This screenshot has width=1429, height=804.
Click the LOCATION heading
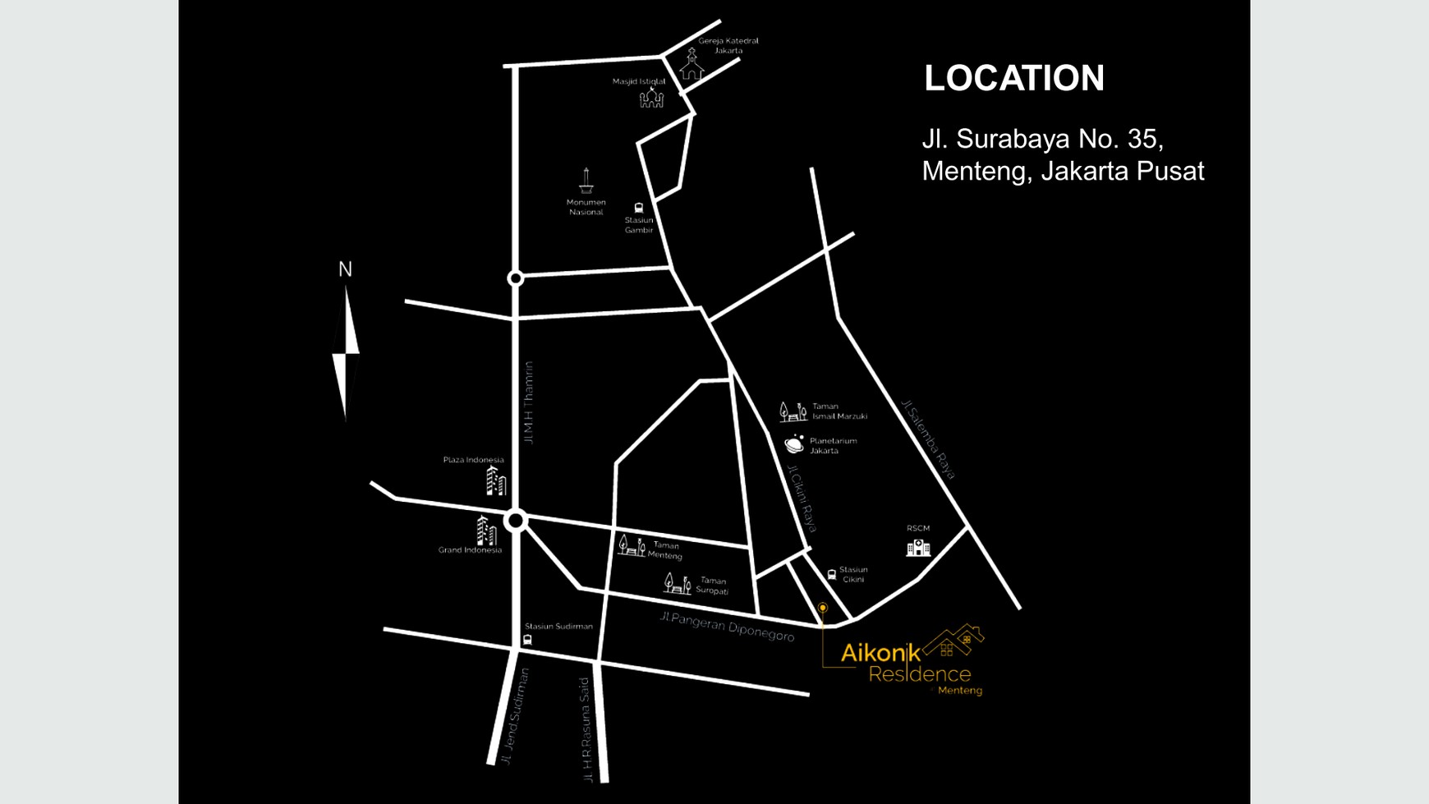[x=1014, y=78]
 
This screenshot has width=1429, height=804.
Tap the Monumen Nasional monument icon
[x=586, y=180]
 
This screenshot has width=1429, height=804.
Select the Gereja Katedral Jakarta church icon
[x=692, y=65]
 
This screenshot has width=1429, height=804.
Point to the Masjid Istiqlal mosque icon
[x=651, y=99]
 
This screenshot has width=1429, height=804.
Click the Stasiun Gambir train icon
[x=639, y=208]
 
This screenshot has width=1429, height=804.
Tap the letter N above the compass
[x=345, y=269]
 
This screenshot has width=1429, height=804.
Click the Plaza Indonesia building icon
[x=495, y=481]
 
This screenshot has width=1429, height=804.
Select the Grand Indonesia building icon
[x=486, y=531]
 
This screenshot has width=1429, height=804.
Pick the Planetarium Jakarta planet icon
[x=794, y=444]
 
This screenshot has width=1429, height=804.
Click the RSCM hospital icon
[x=918, y=547]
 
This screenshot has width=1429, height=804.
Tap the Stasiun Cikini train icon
[x=832, y=575]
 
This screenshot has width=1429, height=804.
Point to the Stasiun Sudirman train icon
[x=527, y=640]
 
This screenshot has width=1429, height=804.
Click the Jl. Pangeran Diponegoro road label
[x=727, y=626]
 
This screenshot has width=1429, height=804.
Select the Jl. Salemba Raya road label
[x=929, y=439]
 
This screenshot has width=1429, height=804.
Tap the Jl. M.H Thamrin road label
[x=529, y=403]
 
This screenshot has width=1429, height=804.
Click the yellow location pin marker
[x=822, y=609]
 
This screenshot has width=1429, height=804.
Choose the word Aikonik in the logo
[x=880, y=654]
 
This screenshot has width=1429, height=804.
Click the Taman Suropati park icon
[x=677, y=584]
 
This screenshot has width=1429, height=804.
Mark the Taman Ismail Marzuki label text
[x=839, y=411]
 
